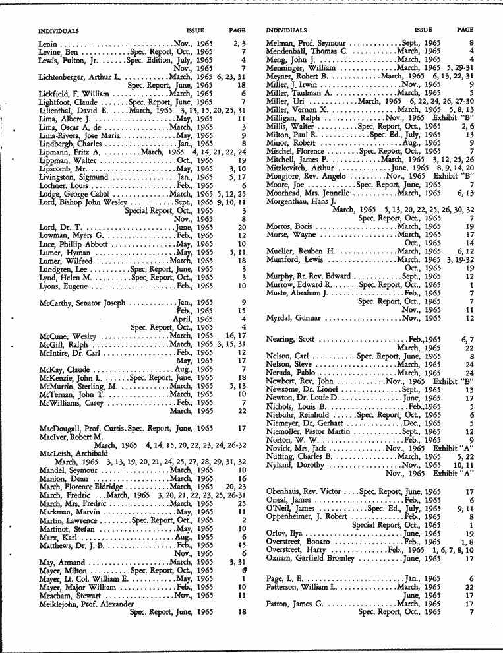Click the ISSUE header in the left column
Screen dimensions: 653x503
(x=195, y=30)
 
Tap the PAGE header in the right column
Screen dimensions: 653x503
(x=465, y=30)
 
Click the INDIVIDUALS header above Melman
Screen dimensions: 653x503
(x=286, y=30)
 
